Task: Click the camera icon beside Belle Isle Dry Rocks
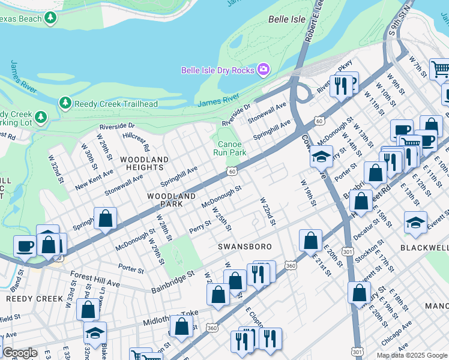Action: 262,70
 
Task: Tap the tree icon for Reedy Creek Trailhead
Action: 65,103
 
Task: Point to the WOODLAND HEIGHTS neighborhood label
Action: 144,163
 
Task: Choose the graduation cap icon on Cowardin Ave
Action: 321,156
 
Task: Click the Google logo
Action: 20,352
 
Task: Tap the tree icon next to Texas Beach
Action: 52,19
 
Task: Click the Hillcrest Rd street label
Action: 136,142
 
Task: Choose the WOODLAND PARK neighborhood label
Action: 172,200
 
